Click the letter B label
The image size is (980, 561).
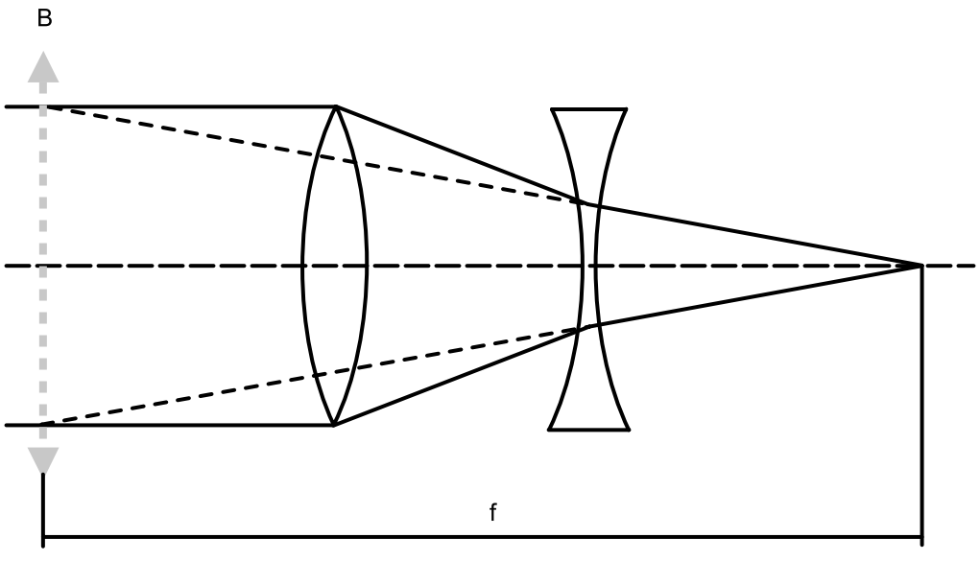coord(44,18)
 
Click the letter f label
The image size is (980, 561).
coord(493,512)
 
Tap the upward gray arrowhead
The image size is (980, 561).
coord(43,67)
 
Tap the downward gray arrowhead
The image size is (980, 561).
coord(43,460)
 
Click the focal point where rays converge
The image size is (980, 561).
coord(921,267)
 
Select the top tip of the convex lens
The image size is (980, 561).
coord(336,106)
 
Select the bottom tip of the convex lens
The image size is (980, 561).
coord(334,426)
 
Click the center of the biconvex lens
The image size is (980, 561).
coord(335,267)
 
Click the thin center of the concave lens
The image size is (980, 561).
coord(588,267)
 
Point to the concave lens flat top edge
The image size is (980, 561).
coord(588,109)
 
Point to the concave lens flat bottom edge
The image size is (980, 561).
coord(588,430)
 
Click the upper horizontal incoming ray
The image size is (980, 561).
coord(171,106)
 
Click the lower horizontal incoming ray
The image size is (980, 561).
coord(169,426)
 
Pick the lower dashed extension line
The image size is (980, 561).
coord(309,376)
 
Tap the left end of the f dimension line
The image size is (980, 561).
coord(43,537)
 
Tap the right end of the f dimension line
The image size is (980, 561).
coord(921,537)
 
